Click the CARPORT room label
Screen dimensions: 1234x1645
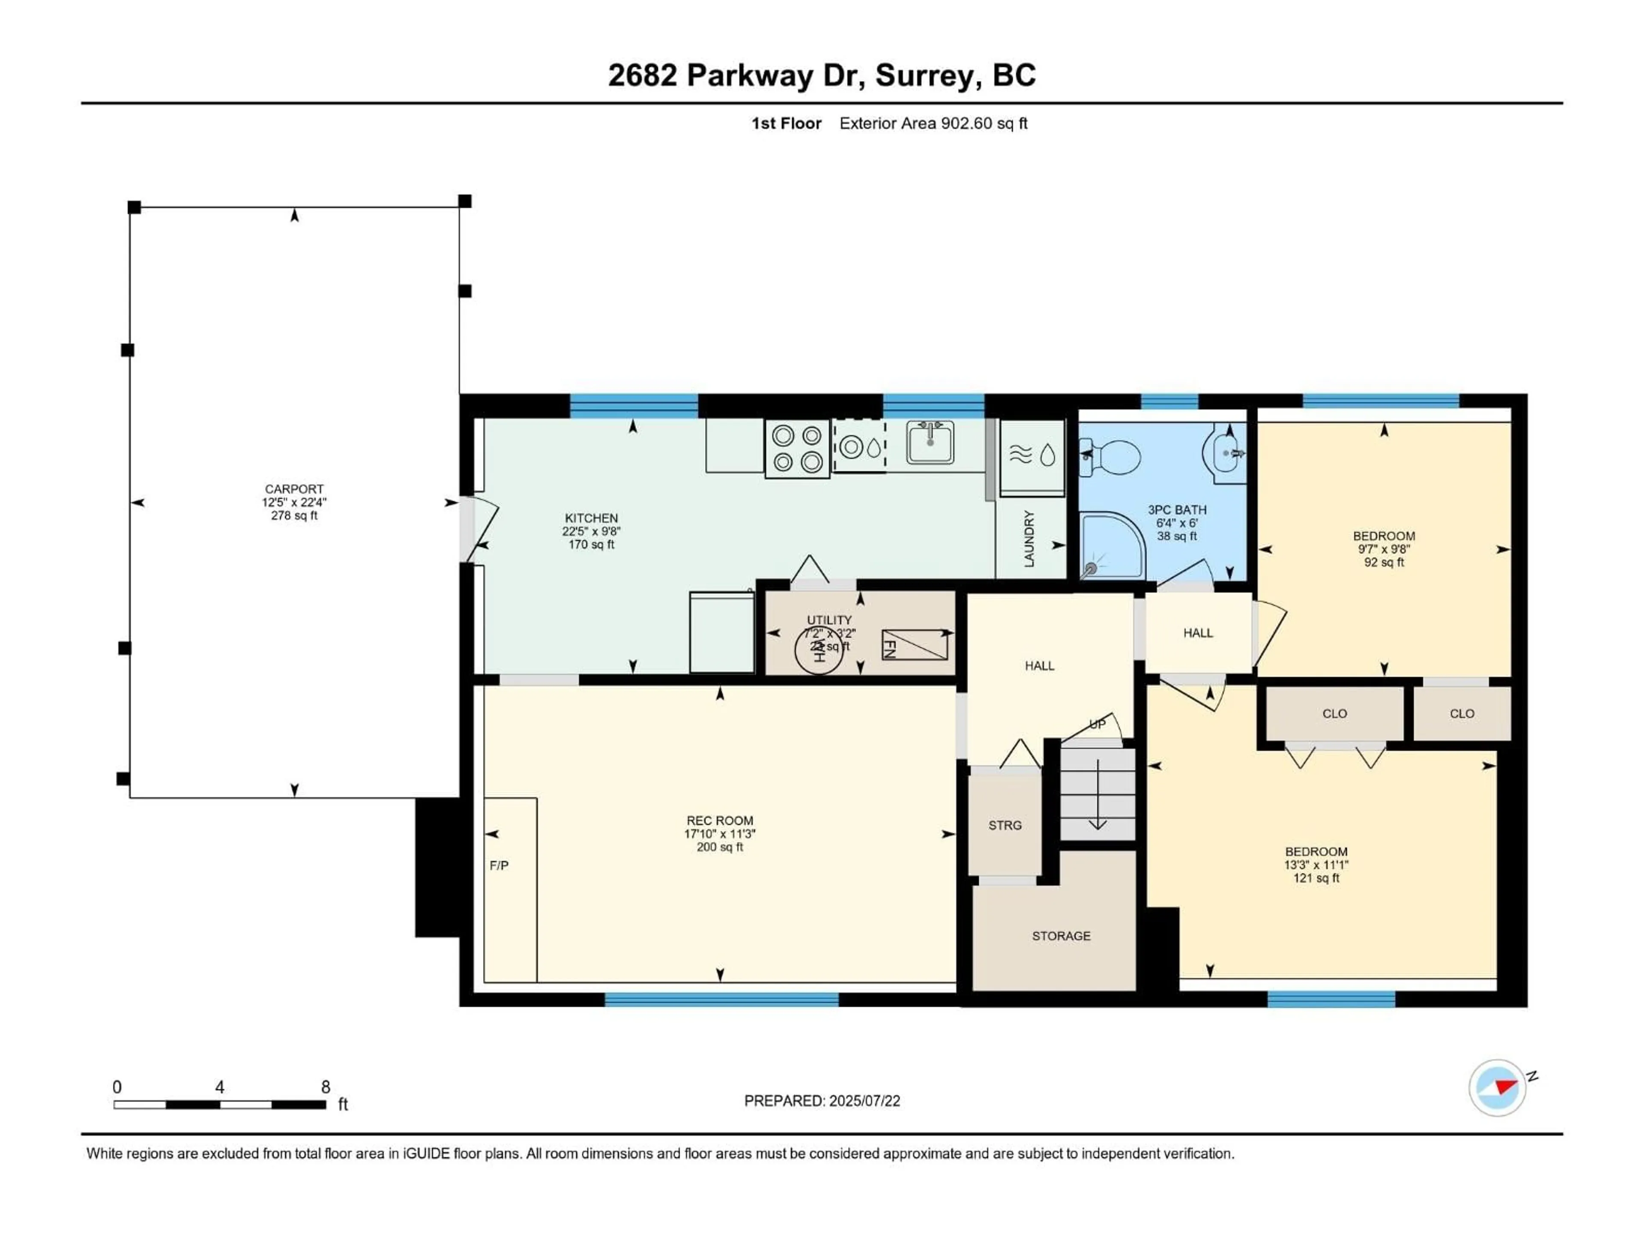tap(294, 489)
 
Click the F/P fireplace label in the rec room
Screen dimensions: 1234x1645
tap(499, 865)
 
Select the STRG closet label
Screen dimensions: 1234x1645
tap(1005, 825)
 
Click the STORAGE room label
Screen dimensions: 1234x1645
tap(1061, 936)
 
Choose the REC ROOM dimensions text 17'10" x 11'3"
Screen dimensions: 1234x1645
tap(719, 834)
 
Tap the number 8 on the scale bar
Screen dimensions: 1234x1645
tap(325, 1087)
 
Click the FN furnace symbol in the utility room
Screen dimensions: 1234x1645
tap(915, 644)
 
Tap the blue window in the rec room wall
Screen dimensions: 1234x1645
tap(721, 999)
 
